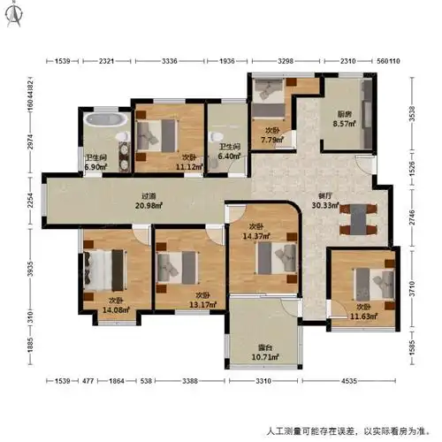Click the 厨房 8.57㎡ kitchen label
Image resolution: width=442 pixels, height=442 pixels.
[x=345, y=119]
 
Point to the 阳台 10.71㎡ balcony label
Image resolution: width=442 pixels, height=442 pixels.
[x=262, y=352]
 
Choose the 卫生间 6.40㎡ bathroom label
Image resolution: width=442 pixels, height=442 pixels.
[x=229, y=152]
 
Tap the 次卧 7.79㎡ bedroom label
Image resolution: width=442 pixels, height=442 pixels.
[x=272, y=134]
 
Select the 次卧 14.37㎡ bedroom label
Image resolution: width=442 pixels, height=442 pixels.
[x=259, y=230]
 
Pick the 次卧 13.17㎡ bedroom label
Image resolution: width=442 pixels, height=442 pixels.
[x=202, y=301]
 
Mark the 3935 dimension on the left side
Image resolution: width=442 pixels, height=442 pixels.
[x=30, y=270]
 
